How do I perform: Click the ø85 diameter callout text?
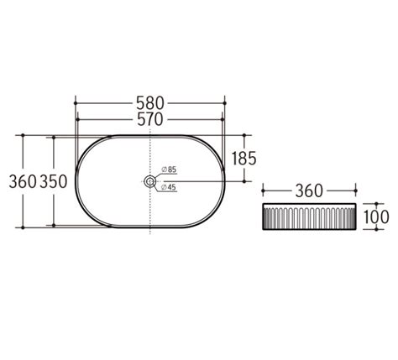(166, 170)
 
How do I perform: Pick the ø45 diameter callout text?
(166, 187)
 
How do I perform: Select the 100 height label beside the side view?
(375, 217)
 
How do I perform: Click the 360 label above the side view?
(309, 190)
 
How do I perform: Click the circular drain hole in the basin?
(150, 180)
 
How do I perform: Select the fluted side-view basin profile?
(309, 218)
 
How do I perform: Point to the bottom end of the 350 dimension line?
(55, 225)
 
